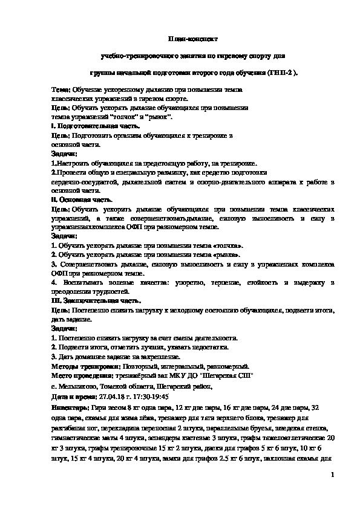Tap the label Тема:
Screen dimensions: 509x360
61,89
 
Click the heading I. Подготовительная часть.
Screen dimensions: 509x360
96,126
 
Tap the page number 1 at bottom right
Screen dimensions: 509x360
333,477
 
